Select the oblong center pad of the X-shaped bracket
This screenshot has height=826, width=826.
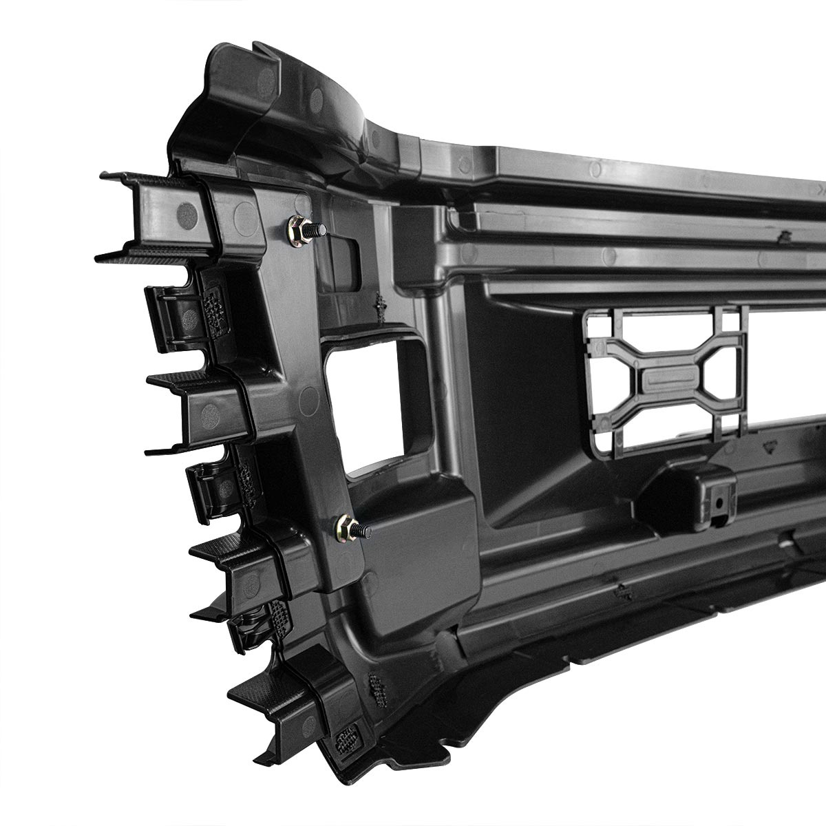[x=671, y=379]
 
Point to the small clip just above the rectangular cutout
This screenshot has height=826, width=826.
[x=378, y=304]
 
